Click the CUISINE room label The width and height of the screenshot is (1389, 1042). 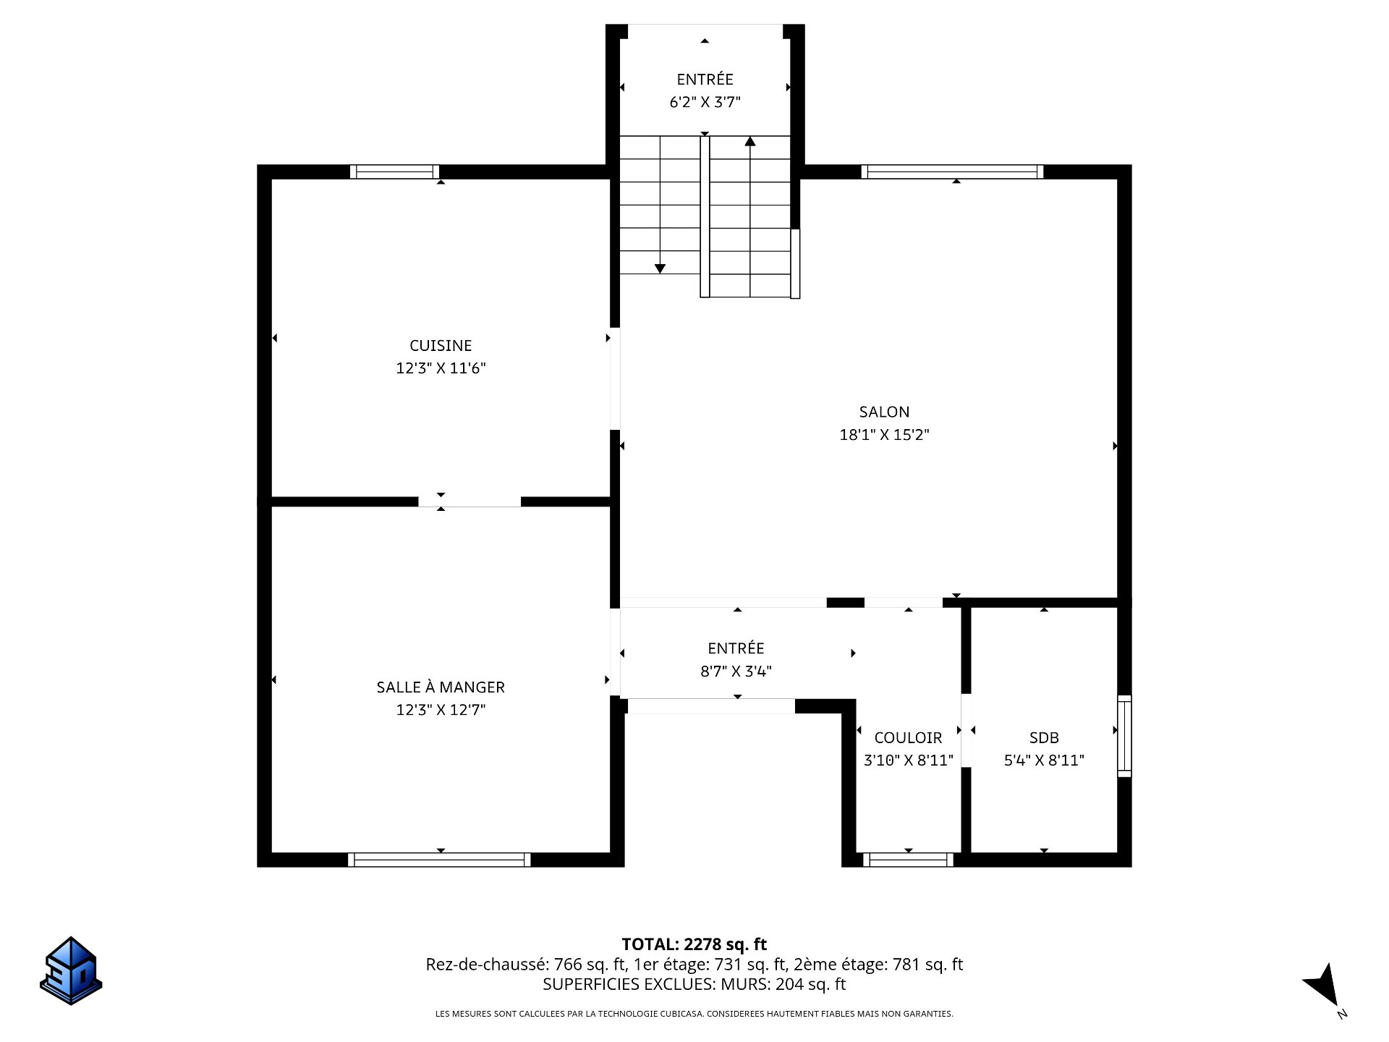[441, 346]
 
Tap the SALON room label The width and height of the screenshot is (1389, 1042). [884, 412]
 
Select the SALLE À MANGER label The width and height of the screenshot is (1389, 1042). [441, 687]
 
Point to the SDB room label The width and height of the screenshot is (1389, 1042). [1044, 737]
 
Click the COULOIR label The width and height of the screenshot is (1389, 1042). [908, 737]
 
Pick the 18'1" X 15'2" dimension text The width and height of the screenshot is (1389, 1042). [884, 435]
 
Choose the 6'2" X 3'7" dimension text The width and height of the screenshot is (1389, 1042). [705, 102]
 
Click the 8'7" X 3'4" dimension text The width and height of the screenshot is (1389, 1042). [736, 672]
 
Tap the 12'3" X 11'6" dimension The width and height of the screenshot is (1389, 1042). [441, 368]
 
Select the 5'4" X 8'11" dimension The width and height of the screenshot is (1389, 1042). [1044, 761]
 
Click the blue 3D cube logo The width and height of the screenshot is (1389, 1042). [70, 970]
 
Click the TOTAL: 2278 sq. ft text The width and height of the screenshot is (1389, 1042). [694, 944]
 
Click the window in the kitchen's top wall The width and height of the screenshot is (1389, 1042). [395, 171]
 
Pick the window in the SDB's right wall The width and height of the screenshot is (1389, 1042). [1124, 736]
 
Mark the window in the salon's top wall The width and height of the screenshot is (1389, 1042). [952, 171]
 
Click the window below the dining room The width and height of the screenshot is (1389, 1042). [439, 860]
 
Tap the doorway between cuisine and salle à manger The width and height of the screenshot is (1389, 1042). [470, 501]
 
